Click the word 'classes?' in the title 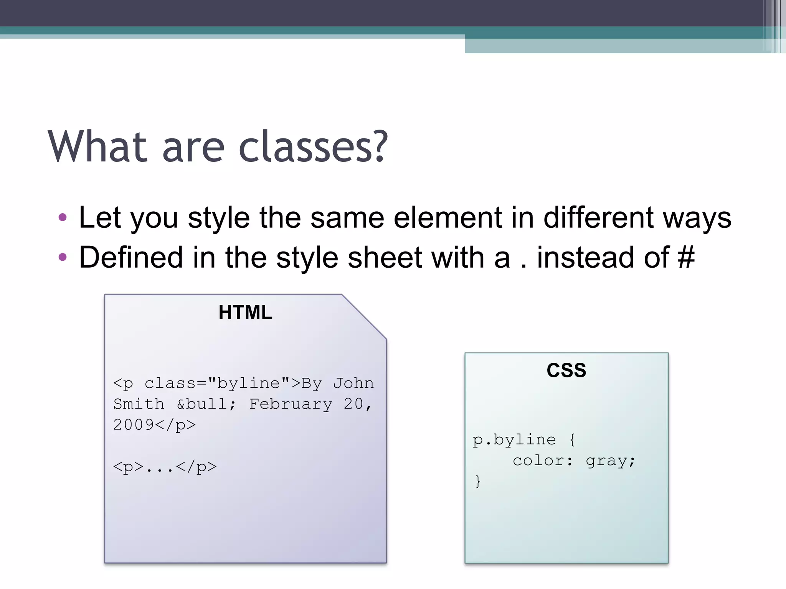coord(313,147)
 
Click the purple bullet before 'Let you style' coord(63,218)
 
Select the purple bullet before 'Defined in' coord(63,257)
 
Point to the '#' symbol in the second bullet coord(686,257)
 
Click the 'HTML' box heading coord(245,312)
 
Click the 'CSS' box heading coord(566,370)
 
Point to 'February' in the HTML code coord(291,404)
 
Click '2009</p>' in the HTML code coord(154,425)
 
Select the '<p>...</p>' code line coord(165,467)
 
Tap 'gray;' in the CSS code coord(610,461)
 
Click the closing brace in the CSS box coord(478,481)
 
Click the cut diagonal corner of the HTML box coord(364,317)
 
